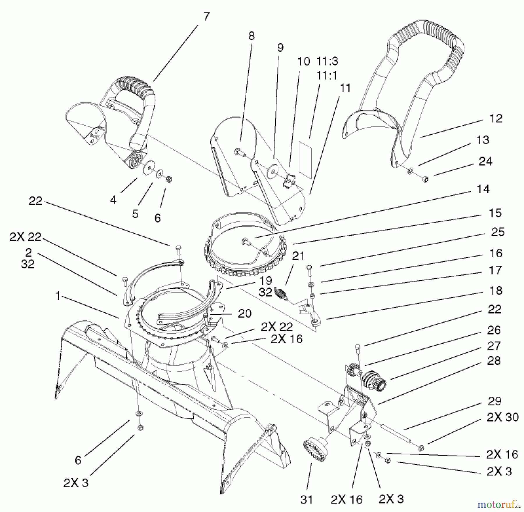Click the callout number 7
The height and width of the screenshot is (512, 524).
click(206, 17)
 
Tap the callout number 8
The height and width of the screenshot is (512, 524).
click(252, 36)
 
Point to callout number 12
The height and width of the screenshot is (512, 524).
click(496, 118)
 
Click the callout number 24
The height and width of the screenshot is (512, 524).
click(485, 161)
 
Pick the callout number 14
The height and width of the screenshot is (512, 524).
click(484, 189)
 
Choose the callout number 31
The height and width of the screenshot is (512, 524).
click(306, 500)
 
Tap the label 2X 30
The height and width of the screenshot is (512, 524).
click(503, 417)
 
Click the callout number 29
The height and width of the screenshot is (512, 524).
click(495, 401)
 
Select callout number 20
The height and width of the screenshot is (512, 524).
click(245, 313)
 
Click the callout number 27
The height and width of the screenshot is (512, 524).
click(494, 346)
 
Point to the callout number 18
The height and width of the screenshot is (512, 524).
click(496, 290)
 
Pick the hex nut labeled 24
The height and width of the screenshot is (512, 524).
click(425, 179)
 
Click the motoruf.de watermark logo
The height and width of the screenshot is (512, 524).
click(500, 503)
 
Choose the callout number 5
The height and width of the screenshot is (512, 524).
click(135, 214)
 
